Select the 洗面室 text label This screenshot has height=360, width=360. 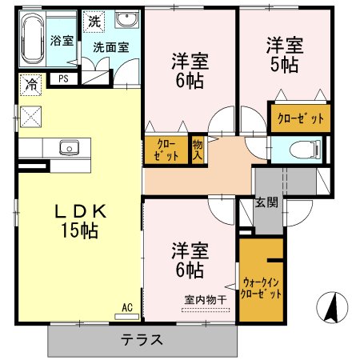110,47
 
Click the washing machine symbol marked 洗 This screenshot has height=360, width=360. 95,20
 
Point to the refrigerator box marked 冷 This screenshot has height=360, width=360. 31,82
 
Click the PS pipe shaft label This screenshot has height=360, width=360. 62,78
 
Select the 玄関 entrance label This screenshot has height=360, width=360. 266,202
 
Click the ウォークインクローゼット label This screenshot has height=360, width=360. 261,289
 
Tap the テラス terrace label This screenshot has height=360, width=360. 142,339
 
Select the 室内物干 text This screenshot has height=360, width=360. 206,300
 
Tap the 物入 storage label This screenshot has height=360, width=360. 198,150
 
